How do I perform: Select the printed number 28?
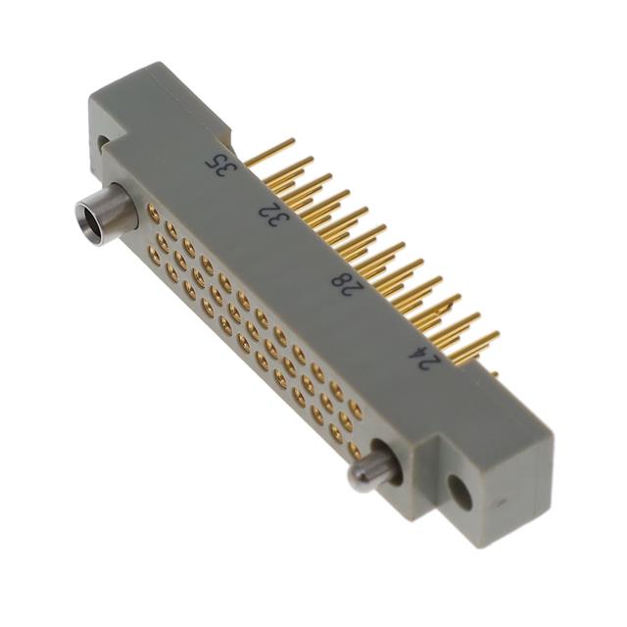point(344,282)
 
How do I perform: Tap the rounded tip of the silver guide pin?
point(359,480)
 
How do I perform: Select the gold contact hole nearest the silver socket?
point(153,211)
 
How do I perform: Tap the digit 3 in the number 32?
point(277,218)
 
